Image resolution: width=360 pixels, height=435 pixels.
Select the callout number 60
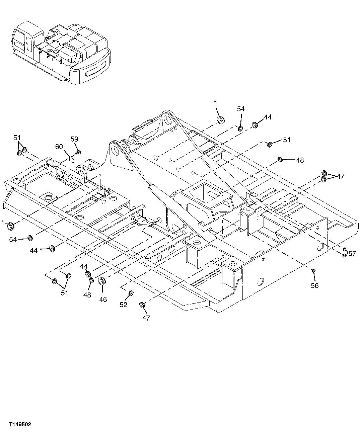tap(59, 146)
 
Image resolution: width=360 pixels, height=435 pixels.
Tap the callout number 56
tap(314, 285)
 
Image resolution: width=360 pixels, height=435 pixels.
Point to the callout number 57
tap(352, 254)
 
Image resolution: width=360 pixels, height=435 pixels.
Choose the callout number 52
tap(124, 305)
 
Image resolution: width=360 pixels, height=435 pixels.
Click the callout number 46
tap(103, 299)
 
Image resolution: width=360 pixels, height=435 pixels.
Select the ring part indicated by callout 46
tap(102, 280)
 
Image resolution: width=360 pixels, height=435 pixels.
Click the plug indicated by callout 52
tap(131, 293)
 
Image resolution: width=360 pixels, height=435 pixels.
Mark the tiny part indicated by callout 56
tap(313, 270)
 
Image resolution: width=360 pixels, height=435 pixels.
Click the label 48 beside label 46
tap(87, 295)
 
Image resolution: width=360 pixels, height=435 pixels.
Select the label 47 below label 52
tap(146, 318)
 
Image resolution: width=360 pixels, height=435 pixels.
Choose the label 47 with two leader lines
tap(341, 176)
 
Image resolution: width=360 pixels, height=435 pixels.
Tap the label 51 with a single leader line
tap(287, 140)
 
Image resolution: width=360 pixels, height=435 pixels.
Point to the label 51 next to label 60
tap(17, 138)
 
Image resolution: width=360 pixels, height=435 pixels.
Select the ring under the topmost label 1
tap(221, 120)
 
